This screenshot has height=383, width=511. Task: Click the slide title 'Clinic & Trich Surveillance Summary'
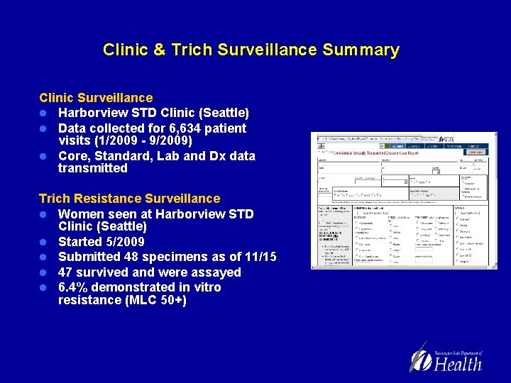point(251,50)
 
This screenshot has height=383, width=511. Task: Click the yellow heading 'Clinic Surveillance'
point(96,98)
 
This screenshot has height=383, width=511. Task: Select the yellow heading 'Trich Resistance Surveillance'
point(129,199)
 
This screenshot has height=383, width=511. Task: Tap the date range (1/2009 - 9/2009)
point(147,140)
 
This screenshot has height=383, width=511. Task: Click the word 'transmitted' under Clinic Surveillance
point(93,168)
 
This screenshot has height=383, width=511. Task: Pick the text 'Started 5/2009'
point(101,242)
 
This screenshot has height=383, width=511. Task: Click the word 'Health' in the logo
point(458,364)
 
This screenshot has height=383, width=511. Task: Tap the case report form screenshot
point(400,201)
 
